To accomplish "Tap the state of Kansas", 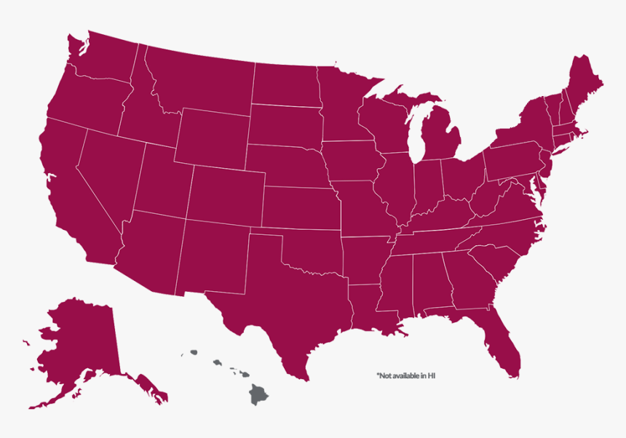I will [298, 207].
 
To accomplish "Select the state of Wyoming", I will [211, 138].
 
